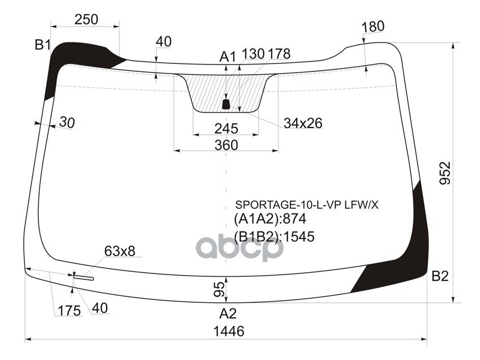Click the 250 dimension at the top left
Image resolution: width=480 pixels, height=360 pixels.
pyautogui.click(x=86, y=19)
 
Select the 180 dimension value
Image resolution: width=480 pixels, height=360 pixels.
pyautogui.click(x=372, y=27)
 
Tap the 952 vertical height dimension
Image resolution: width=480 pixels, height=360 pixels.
pyautogui.click(x=445, y=173)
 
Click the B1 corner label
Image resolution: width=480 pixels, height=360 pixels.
pyautogui.click(x=42, y=45)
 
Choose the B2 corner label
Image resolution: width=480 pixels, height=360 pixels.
pyautogui.click(x=440, y=276)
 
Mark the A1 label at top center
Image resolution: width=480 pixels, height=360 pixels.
pyautogui.click(x=228, y=56)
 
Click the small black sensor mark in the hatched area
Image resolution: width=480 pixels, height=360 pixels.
pyautogui.click(x=226, y=104)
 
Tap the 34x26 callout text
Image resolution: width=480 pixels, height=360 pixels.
pyautogui.click(x=303, y=123)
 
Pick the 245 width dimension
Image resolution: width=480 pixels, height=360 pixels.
pyautogui.click(x=226, y=128)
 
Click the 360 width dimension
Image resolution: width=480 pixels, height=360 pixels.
pyautogui.click(x=226, y=145)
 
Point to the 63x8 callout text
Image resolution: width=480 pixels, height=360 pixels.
pyautogui.click(x=119, y=251)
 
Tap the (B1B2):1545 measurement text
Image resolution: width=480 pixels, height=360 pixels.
pyautogui.click(x=274, y=237)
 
